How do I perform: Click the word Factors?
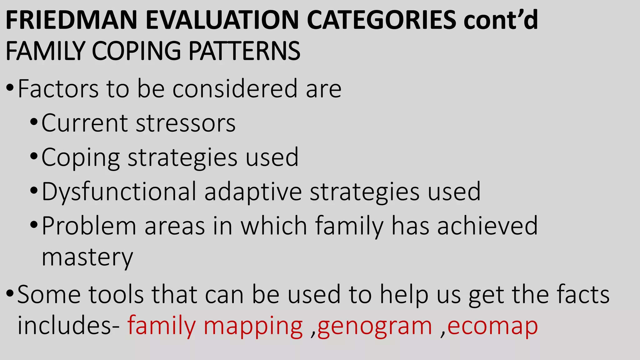(x=58, y=89)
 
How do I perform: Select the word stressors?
(x=186, y=123)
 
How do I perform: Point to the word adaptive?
(x=253, y=192)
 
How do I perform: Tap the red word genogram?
(x=375, y=327)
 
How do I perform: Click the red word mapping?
(x=253, y=327)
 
